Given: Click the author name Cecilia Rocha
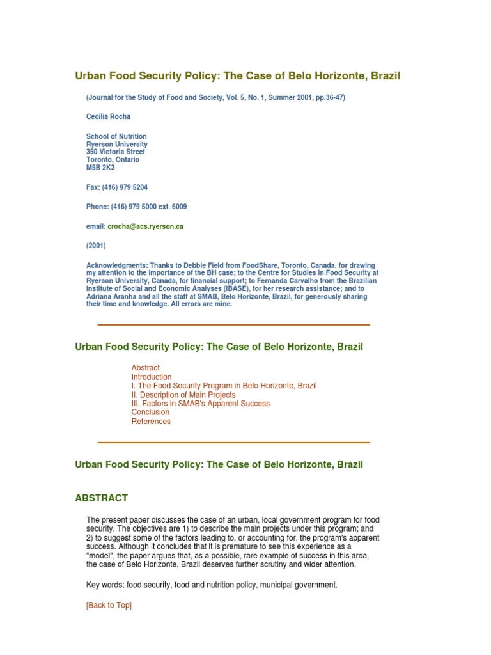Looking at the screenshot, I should point(107,117).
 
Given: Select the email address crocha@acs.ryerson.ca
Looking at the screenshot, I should point(145,226).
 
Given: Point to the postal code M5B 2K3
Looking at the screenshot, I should point(100,168).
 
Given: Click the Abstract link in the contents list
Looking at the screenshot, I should point(145,368).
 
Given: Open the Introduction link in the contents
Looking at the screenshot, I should point(152,377).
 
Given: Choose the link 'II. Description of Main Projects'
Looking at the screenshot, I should point(183,395).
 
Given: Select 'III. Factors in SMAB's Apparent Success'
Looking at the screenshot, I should point(200,404).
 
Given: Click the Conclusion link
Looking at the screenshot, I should point(150,413).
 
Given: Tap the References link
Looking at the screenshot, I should point(151,422).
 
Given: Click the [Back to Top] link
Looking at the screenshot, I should point(109,605).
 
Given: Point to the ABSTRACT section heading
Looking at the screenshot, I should point(101,498).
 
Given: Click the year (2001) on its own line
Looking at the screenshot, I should point(96,246).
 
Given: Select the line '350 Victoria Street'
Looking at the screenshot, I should point(116,152).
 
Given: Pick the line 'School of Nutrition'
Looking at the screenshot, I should point(116,137).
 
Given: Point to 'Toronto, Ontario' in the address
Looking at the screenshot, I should point(113,160).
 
